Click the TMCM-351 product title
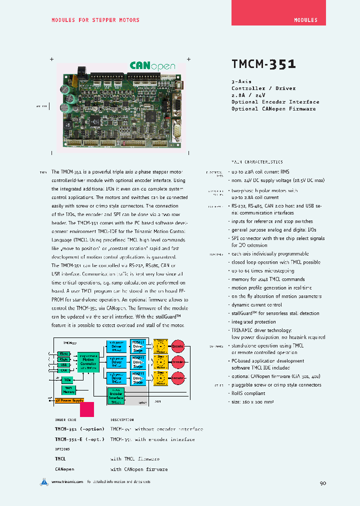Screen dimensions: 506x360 [263, 64]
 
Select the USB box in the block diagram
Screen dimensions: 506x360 [63, 365]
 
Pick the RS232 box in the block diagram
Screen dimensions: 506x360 [63, 353]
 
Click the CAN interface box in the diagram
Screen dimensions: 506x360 [63, 370]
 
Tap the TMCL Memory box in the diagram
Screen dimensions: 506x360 [68, 389]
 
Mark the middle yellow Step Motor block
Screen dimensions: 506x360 [161, 362]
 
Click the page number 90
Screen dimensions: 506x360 [322, 483]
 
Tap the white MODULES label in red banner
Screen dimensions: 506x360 [305, 20]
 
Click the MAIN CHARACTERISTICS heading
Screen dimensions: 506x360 [256, 162]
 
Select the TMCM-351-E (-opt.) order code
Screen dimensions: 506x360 [79, 439]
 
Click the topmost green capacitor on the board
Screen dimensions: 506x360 [65, 88]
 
